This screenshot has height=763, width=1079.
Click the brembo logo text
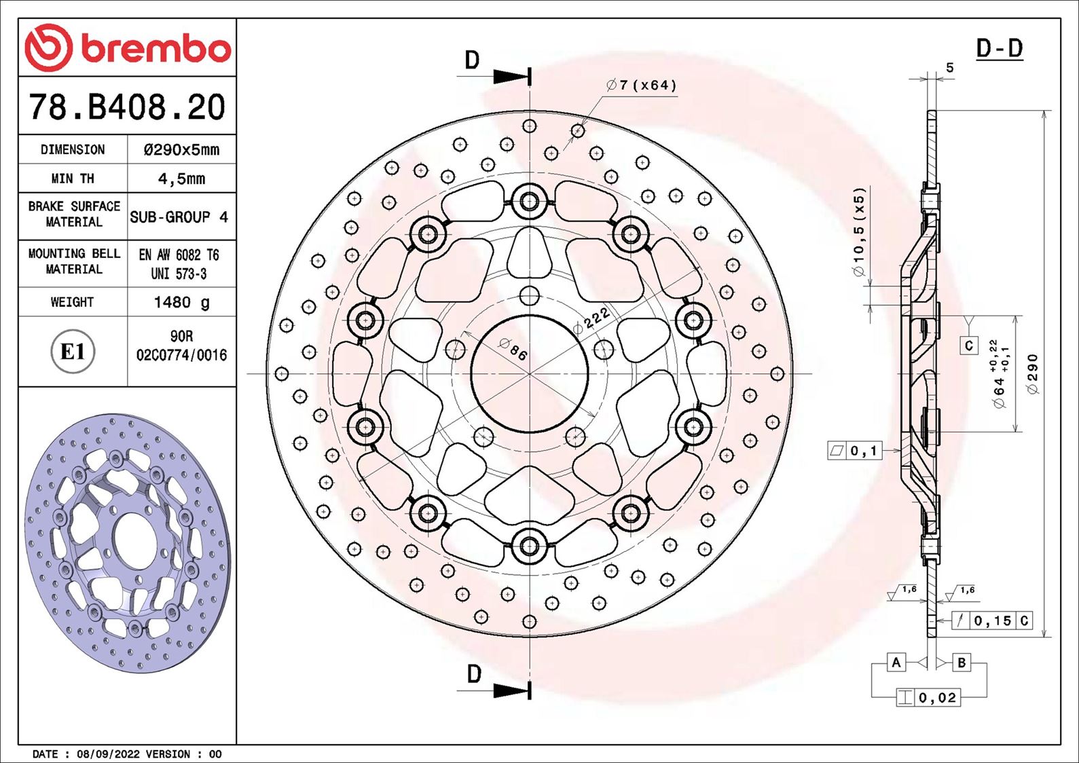[x=156, y=49]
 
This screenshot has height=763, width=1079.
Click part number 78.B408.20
[x=127, y=107]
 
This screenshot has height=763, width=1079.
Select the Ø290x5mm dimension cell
[x=181, y=150]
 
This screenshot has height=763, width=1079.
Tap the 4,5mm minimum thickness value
[x=181, y=179]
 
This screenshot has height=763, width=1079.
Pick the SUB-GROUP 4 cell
[x=179, y=217]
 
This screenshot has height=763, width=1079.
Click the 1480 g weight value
[x=181, y=302]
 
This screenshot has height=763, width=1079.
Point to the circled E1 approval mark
[x=73, y=352]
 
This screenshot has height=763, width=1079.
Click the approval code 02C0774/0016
[x=181, y=355]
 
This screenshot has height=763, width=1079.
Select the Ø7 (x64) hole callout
[x=642, y=86]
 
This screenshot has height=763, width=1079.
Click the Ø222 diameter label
[x=591, y=320]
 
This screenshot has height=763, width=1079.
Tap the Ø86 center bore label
[x=513, y=349]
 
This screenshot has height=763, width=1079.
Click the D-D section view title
[x=999, y=49]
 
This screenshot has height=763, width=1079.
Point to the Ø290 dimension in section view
[x=1032, y=373]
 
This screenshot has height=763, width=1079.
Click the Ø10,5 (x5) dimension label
[x=860, y=232]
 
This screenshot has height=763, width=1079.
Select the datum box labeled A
[x=896, y=662]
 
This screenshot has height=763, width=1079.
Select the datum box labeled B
[x=962, y=662]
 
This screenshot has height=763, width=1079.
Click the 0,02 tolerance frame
[x=928, y=697]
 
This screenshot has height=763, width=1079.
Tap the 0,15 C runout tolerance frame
[x=992, y=620]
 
